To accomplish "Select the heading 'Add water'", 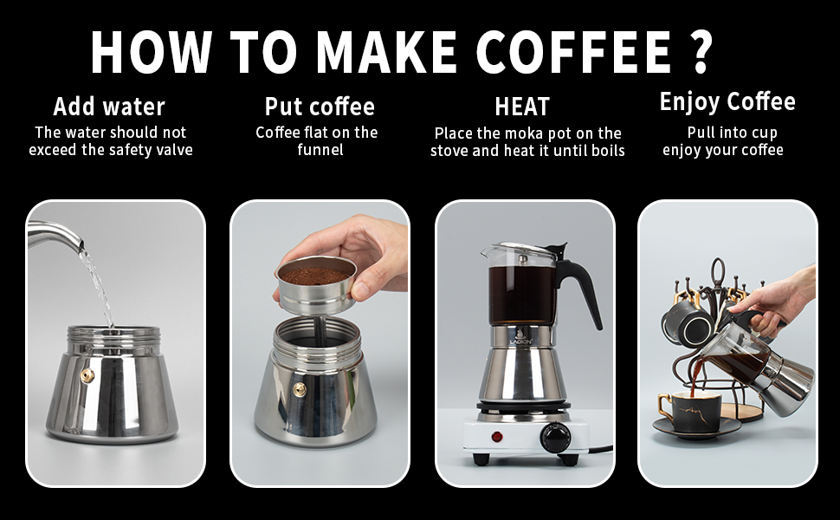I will pyautogui.click(x=109, y=107).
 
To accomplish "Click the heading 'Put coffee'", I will pyautogui.click(x=320, y=107).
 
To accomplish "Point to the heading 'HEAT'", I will pyautogui.click(x=522, y=107).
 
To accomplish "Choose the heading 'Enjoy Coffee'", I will pyautogui.click(x=727, y=101).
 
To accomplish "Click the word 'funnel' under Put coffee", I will pyautogui.click(x=320, y=150).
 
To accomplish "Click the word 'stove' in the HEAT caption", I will pyautogui.click(x=453, y=150).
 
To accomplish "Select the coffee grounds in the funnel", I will pyautogui.click(x=314, y=275).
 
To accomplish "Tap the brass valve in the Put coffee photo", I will pyautogui.click(x=299, y=388).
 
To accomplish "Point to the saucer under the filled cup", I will pyautogui.click(x=696, y=428).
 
